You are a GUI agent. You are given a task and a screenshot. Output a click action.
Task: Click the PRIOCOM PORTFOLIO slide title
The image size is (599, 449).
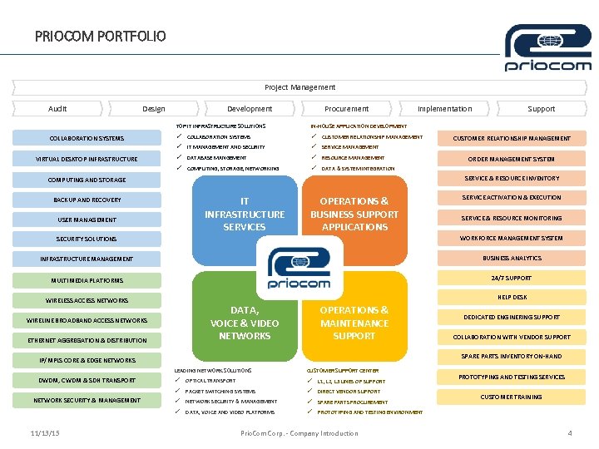coord(101,36)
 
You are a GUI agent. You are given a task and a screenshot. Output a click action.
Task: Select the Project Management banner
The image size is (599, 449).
coord(299,86)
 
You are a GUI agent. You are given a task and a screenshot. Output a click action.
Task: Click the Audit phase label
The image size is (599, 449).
coord(57,108)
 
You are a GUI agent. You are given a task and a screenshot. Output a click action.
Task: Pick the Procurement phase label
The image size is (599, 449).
coord(346,108)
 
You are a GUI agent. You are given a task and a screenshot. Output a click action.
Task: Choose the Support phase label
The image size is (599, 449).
coord(541,108)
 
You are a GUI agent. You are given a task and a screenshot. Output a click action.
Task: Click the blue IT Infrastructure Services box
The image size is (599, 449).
coord(245,214)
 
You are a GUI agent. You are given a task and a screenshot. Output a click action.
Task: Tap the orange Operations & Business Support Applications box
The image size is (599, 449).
coord(354,214)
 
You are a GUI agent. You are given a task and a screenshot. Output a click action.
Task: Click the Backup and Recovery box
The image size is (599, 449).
coord(87,200)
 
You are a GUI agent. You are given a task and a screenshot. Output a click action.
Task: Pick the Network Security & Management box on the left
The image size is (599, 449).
coord(87,400)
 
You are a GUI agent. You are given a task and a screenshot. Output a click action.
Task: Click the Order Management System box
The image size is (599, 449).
coord(512,159)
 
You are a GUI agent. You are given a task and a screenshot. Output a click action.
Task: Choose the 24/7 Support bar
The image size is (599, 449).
coord(512,278)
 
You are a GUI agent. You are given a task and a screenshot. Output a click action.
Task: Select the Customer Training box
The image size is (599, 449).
coord(512,397)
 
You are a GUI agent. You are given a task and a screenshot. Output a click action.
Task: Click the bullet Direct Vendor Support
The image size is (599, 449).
coord(349,391)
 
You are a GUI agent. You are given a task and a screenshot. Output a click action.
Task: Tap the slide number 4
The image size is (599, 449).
coord(569,432)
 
